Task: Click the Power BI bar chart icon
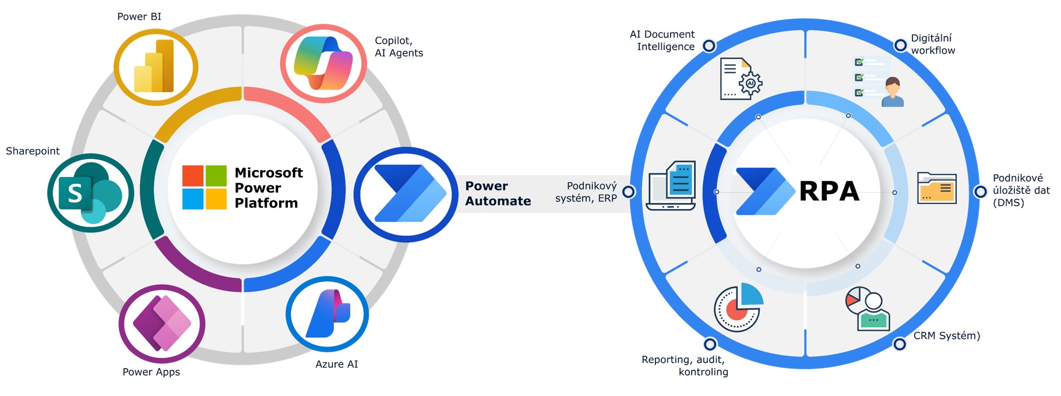tap(154, 66)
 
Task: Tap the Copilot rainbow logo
tap(323, 63)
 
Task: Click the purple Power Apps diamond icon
tap(162, 323)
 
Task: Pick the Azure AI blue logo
tap(327, 314)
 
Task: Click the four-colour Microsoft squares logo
tap(204, 187)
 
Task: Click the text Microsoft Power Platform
tap(268, 188)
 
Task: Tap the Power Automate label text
tap(498, 193)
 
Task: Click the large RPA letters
tap(829, 191)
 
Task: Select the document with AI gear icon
tap(741, 79)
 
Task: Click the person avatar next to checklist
tap(892, 92)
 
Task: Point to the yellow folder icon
tap(936, 188)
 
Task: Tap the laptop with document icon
tap(672, 186)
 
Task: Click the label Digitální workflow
tap(932, 44)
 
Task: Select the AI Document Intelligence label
tap(662, 41)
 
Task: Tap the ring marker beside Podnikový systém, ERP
tap(629, 192)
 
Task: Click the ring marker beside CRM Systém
tap(900, 344)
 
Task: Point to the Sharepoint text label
tap(33, 151)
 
